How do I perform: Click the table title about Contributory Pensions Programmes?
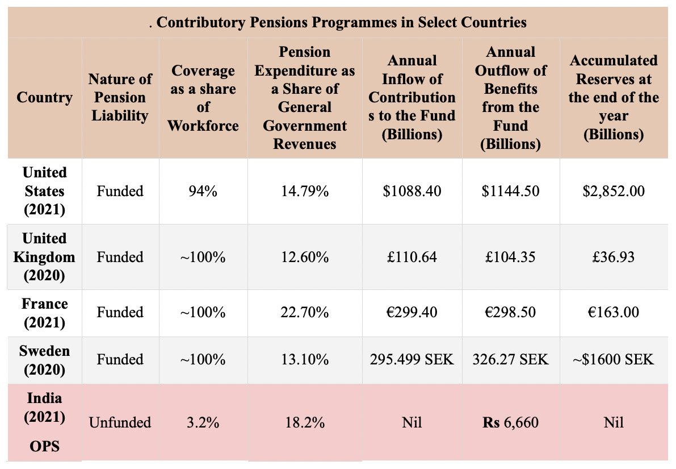pos(338,22)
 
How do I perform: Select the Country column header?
pos(44,98)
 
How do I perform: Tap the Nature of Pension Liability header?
pos(120,97)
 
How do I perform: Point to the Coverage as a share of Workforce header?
pos(203,98)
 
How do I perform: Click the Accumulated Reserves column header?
pos(614,97)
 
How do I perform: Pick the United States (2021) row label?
pos(44,191)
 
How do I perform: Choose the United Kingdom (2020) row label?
pos(44,256)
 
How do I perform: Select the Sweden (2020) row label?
pos(44,360)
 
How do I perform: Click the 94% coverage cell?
pos(203,191)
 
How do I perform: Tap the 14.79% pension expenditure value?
pos(305,191)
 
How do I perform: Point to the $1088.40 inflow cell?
pos(412,191)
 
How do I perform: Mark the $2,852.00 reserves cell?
pos(614,191)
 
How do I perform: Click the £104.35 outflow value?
pos(510,257)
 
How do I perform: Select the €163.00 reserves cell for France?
pos(614,312)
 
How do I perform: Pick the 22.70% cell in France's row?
pos(305,312)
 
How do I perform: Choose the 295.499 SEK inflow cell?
pos(412,359)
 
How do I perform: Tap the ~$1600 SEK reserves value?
pos(614,359)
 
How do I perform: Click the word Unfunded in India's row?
pos(120,422)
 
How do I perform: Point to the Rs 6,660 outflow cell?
pos(510,422)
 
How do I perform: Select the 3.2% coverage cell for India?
pos(203,422)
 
